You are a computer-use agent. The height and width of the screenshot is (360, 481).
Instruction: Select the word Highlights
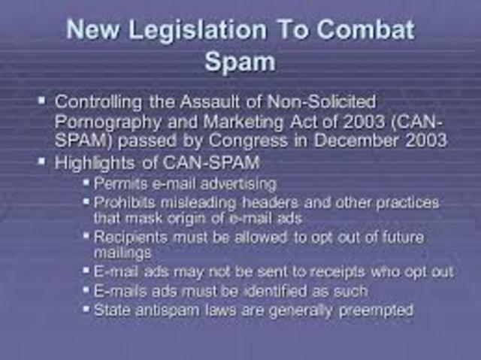pos(96,162)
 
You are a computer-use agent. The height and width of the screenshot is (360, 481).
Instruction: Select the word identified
pos(279,291)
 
